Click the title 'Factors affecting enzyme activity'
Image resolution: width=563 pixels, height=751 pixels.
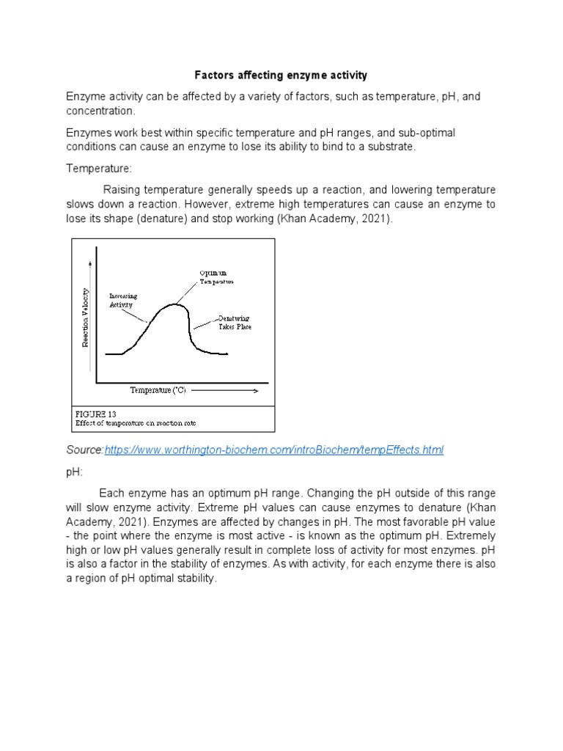click(x=281, y=76)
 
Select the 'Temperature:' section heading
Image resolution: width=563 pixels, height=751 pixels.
click(x=99, y=168)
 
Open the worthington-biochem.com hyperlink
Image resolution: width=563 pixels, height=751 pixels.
click(x=275, y=450)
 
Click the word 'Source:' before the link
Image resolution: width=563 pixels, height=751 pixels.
click(x=85, y=450)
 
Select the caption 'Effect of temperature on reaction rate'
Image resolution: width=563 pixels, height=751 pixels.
click(x=136, y=423)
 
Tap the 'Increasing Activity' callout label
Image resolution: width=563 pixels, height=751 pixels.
click(x=123, y=300)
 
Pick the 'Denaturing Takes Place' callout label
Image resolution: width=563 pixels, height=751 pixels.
click(x=235, y=323)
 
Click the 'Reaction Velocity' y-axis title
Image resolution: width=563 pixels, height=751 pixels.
click(x=86, y=317)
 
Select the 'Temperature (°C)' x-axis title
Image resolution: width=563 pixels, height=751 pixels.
click(x=158, y=390)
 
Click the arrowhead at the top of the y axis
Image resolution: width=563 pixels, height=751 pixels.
click(x=91, y=261)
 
